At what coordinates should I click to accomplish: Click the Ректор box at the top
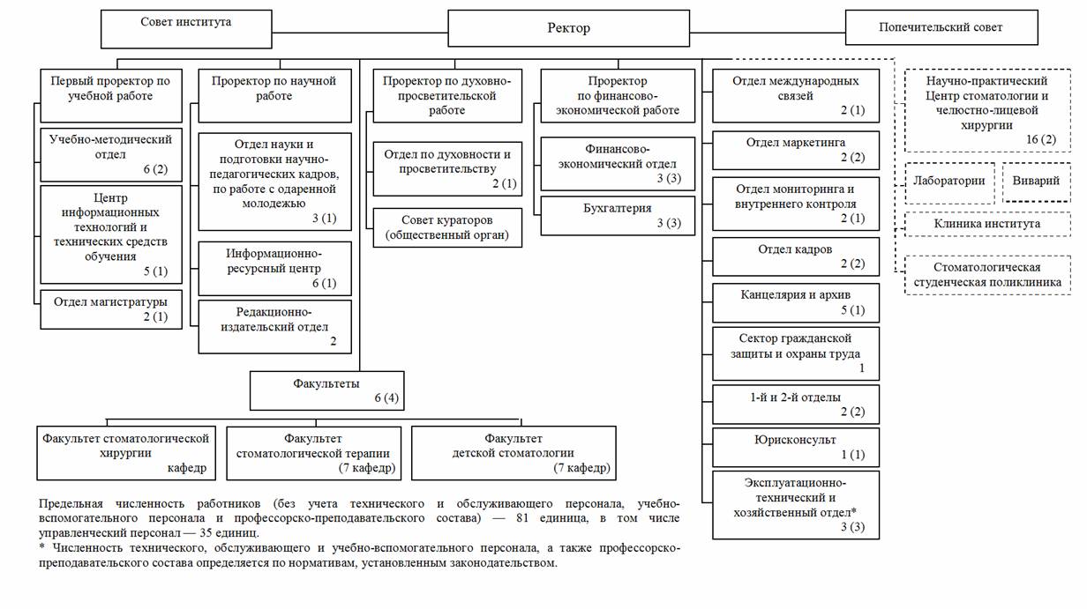(568, 28)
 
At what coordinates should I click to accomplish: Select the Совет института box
(186, 29)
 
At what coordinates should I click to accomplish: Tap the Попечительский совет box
(941, 27)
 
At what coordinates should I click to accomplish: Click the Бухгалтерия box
(618, 216)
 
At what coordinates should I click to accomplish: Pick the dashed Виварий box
(1037, 182)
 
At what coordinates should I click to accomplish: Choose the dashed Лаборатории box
(949, 182)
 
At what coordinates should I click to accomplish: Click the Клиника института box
(987, 224)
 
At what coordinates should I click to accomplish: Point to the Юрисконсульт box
(796, 447)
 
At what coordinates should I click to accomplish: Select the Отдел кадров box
(796, 256)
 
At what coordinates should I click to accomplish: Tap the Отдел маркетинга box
(796, 151)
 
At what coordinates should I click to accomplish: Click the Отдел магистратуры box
(111, 309)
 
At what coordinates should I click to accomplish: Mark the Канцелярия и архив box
(796, 302)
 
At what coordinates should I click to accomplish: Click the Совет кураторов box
(447, 228)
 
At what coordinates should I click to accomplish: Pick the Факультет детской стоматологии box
(514, 453)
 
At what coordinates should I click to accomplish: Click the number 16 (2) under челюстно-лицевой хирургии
(1041, 139)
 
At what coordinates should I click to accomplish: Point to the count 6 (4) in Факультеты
(386, 398)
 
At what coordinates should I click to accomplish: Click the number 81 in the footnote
(522, 518)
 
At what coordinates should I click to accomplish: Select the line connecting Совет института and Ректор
(360, 33)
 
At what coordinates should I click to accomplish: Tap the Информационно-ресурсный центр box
(274, 269)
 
